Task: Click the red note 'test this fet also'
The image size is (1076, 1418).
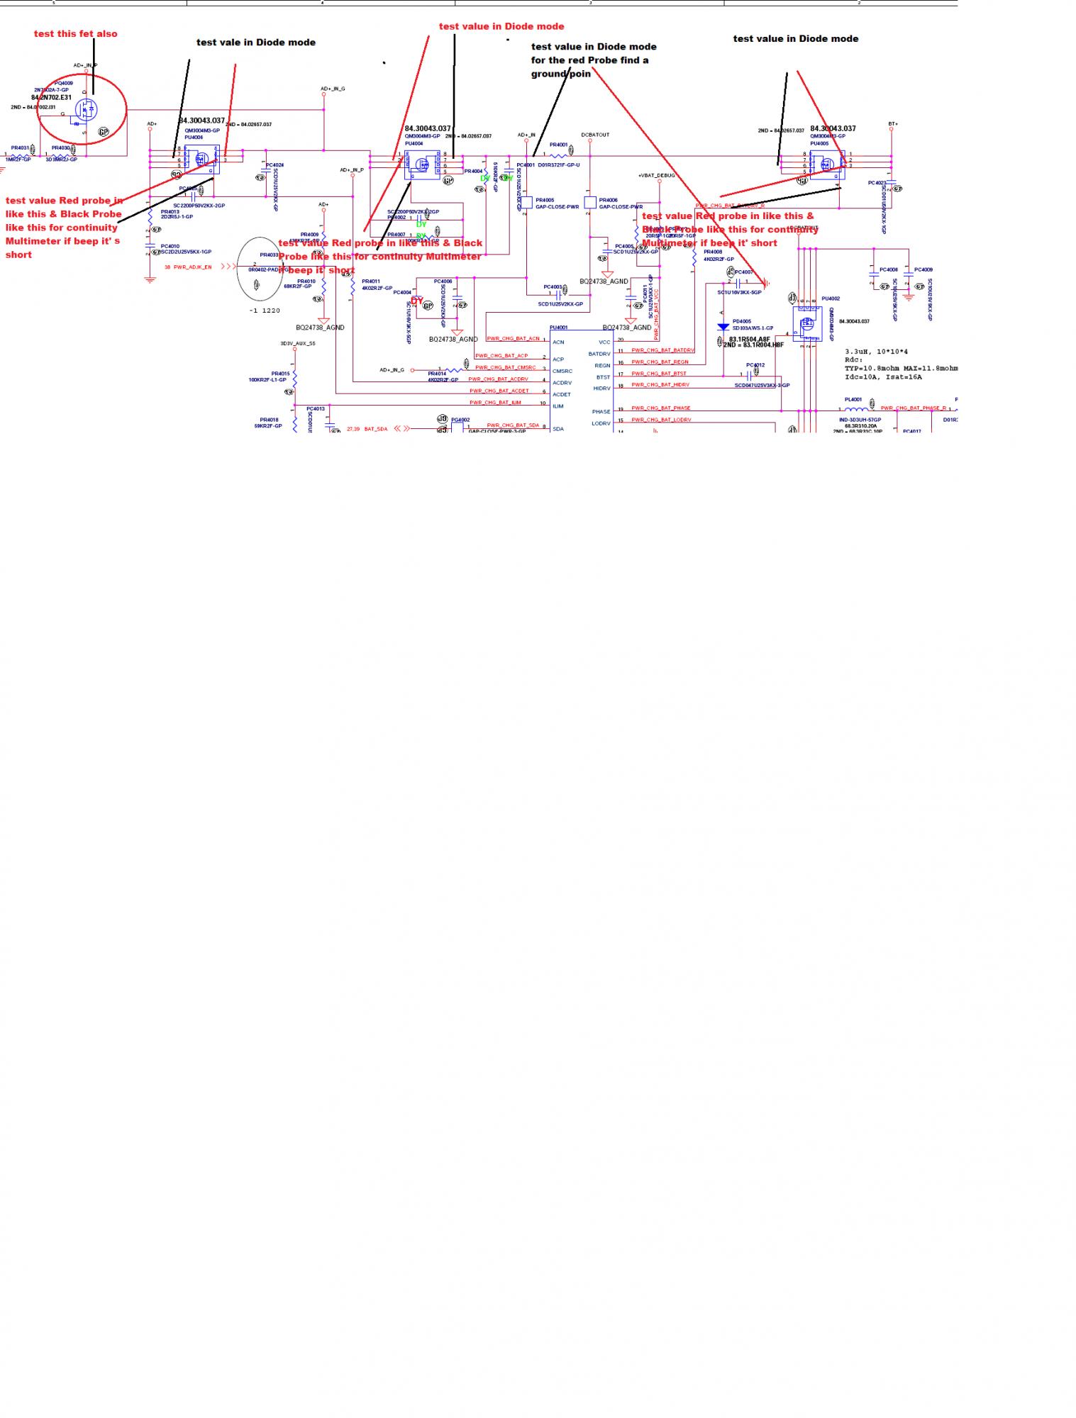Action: point(76,34)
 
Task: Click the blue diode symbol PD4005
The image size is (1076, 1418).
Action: point(723,327)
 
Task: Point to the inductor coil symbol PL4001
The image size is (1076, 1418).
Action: point(855,409)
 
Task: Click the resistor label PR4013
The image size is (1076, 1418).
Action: point(170,211)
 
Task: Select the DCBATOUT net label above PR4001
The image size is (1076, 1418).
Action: point(595,135)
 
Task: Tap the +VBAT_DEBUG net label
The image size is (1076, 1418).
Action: point(656,175)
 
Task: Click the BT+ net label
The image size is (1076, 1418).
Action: point(893,124)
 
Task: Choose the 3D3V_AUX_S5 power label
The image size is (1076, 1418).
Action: point(297,344)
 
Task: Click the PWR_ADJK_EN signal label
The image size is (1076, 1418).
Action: point(192,267)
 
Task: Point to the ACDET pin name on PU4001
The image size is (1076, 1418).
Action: point(562,394)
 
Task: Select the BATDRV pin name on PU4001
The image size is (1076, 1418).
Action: point(599,354)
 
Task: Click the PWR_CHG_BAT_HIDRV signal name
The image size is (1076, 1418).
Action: point(660,385)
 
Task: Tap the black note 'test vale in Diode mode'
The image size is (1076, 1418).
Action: point(255,43)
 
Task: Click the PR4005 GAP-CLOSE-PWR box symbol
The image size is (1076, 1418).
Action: point(527,203)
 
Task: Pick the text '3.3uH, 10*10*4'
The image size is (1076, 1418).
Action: point(876,352)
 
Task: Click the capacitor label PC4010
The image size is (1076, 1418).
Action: point(170,246)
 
